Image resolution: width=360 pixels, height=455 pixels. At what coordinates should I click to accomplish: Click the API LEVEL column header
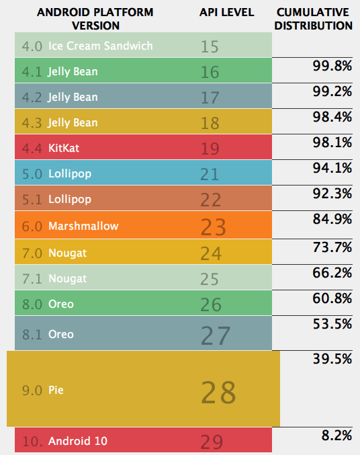226,13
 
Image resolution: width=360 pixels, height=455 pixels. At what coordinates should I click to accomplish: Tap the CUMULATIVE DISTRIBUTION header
313,19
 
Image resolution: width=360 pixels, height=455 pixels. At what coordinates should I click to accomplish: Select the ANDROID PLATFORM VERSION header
95,19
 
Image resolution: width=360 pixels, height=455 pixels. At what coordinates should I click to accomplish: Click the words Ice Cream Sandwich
100,46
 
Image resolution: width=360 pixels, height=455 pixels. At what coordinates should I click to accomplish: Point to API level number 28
218,392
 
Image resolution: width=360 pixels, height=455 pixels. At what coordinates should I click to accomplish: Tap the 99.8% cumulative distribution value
332,66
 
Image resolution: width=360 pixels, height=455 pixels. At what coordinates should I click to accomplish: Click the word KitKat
64,148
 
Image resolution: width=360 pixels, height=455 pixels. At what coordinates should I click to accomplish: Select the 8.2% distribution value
336,436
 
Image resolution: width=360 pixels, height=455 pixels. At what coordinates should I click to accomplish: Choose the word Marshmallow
83,226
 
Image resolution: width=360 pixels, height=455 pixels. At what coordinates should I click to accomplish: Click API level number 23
213,227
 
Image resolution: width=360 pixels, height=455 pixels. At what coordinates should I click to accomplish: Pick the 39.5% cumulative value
332,359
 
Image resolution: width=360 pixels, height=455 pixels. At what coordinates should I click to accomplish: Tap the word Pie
56,390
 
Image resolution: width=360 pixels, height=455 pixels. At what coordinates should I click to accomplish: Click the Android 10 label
78,441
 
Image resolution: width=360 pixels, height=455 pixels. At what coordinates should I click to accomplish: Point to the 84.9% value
332,219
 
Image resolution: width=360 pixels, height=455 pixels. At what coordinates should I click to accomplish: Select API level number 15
210,46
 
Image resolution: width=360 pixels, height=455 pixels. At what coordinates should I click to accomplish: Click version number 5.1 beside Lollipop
32,200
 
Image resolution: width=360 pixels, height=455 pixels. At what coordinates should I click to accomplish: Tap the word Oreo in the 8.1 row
61,334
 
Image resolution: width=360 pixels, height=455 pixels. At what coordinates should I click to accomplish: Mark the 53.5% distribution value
332,324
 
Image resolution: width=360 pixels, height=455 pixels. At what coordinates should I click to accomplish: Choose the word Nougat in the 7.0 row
67,253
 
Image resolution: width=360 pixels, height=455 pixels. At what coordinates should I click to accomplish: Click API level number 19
210,149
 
